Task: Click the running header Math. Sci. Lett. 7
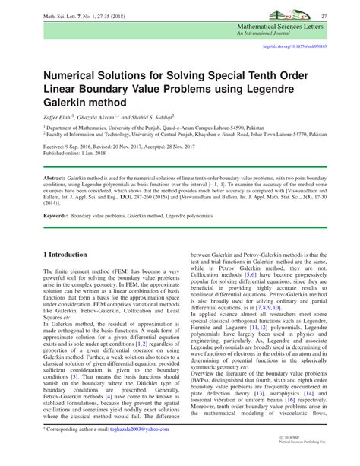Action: coord(57,17)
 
